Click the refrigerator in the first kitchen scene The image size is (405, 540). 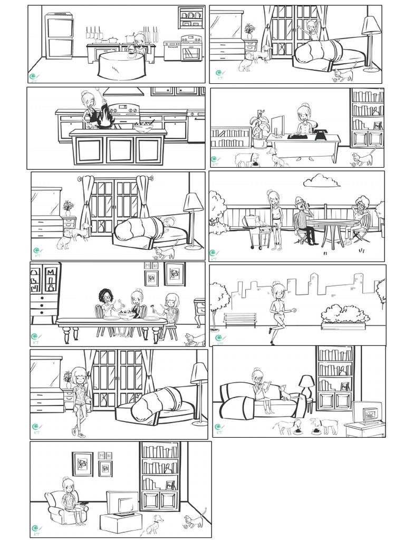[x=59, y=36]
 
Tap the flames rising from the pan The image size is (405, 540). [x=106, y=115]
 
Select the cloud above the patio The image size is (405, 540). [x=321, y=181]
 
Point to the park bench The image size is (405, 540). [x=240, y=319]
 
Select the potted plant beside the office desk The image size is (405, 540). [x=259, y=130]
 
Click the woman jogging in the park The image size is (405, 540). [x=278, y=311]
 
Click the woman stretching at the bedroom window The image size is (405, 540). [x=312, y=29]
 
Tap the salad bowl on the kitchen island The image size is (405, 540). [x=142, y=127]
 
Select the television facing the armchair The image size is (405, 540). [x=123, y=503]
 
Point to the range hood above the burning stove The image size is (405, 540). [x=123, y=92]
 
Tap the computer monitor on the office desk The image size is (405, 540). [x=278, y=127]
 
